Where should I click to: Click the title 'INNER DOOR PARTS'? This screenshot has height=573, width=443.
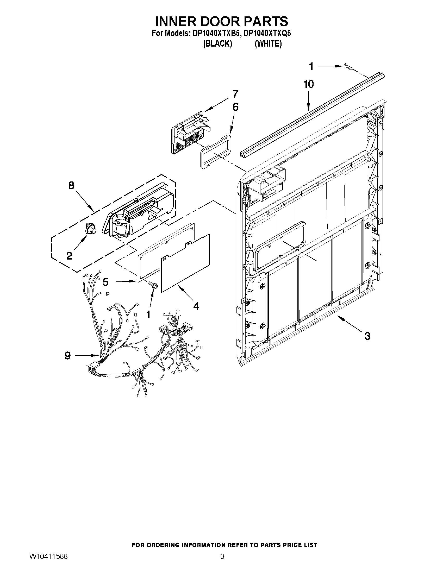pos(221,21)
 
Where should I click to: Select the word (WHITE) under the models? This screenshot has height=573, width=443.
pos(268,44)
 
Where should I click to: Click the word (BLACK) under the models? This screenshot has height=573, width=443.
pos(217,44)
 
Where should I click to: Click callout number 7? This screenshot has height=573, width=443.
pos(235,94)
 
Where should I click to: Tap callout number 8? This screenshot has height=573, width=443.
pos(71,186)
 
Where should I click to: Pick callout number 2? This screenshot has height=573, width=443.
pos(69,255)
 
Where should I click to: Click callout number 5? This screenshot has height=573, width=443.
pos(105,282)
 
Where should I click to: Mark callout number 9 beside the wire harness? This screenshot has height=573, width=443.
pos(67,356)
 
